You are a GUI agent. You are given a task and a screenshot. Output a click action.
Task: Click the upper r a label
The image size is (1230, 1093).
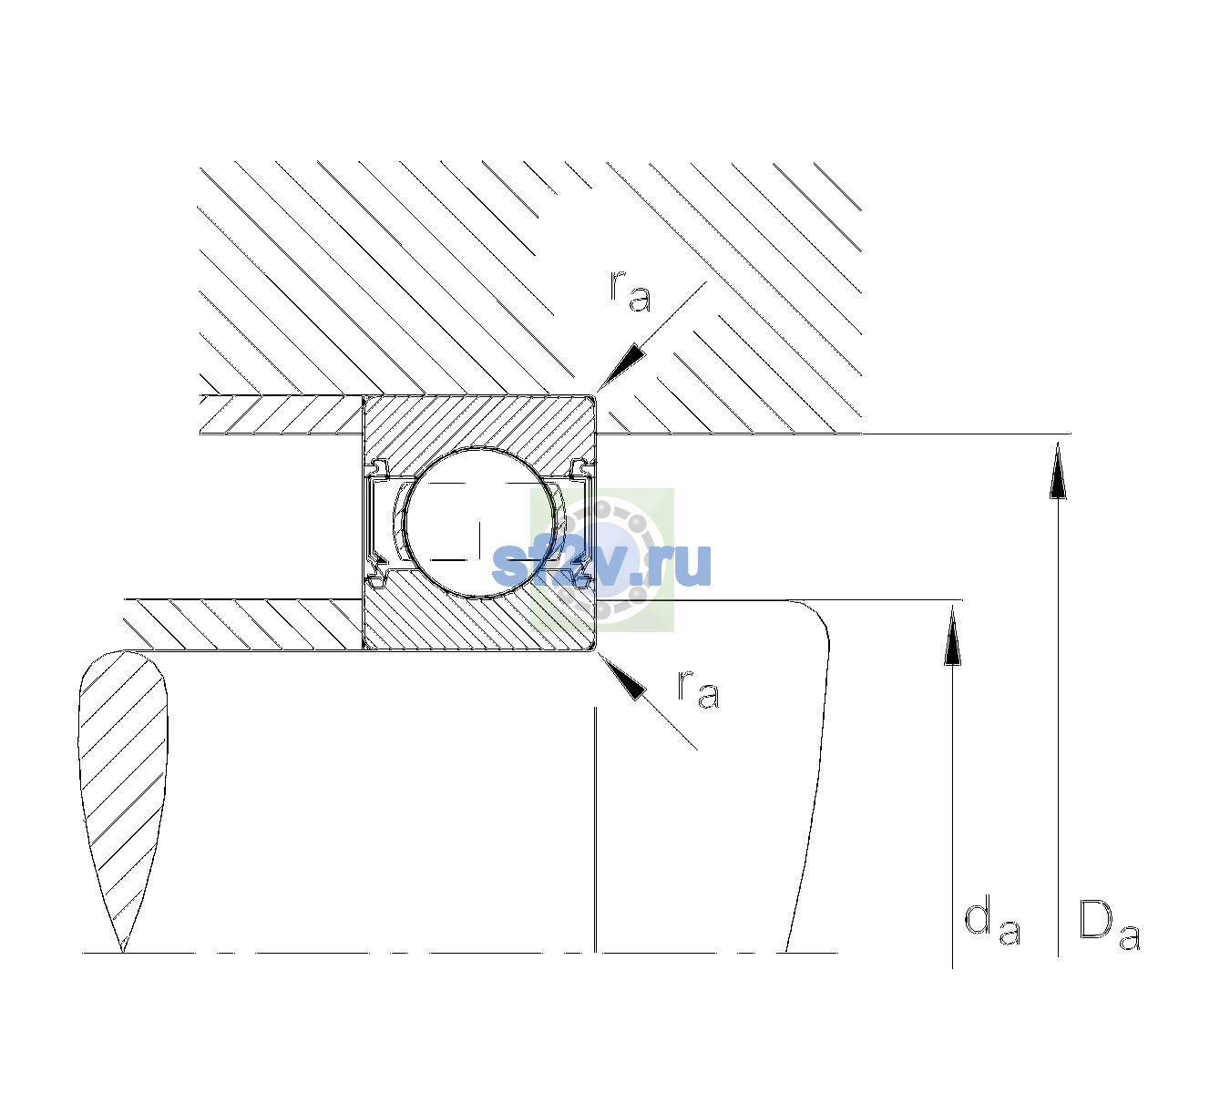pos(630,291)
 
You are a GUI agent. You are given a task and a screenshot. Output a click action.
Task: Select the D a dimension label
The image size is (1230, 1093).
pos(1109,924)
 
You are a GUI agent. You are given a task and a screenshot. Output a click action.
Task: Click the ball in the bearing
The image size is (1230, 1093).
pos(479,523)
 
